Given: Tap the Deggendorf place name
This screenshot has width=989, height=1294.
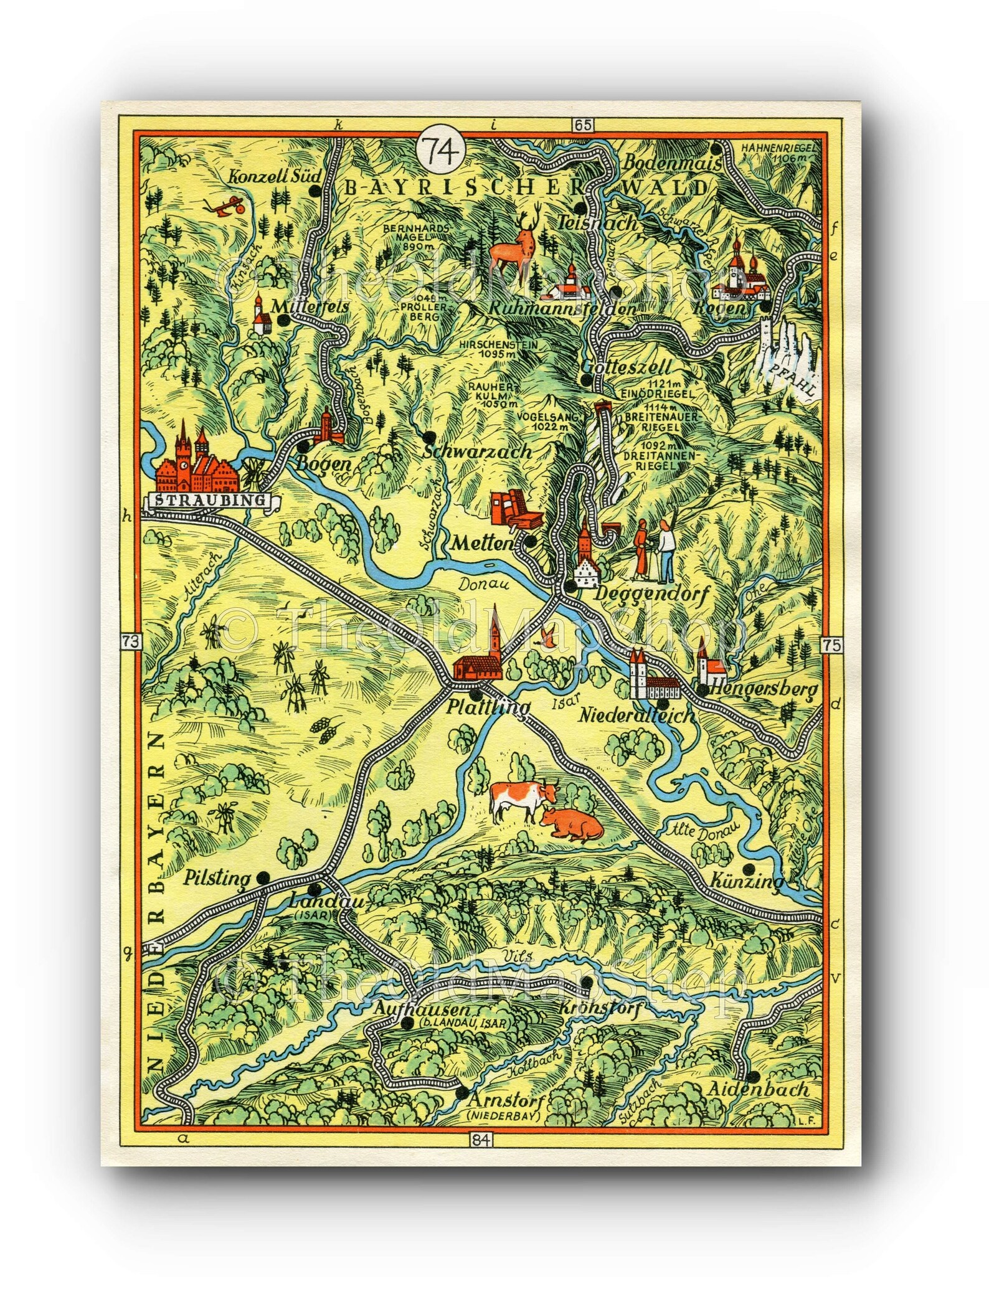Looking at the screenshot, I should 652,595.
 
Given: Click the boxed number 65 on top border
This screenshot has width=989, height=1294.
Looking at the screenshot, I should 584,125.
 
